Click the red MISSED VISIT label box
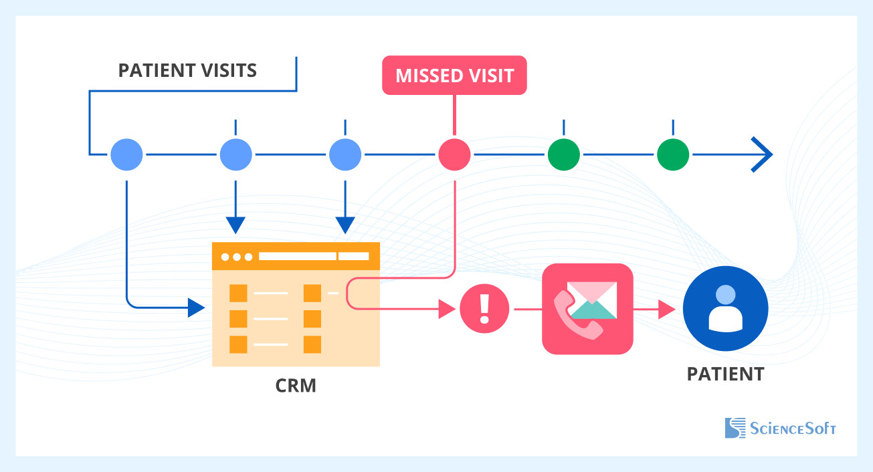(x=454, y=76)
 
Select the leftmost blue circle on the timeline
(x=126, y=155)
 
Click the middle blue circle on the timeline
(x=235, y=155)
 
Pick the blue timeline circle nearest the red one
(x=345, y=155)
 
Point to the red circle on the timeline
(x=454, y=155)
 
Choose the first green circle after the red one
(x=564, y=155)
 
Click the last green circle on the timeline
(x=673, y=155)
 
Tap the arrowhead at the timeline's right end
(x=763, y=155)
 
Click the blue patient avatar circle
(x=725, y=309)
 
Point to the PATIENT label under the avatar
(x=725, y=374)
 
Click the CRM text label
(x=296, y=386)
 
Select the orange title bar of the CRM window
(x=296, y=256)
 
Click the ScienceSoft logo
(x=780, y=428)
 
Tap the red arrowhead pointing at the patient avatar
(x=666, y=309)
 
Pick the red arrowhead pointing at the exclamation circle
(x=447, y=309)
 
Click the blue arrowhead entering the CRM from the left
(x=196, y=308)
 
